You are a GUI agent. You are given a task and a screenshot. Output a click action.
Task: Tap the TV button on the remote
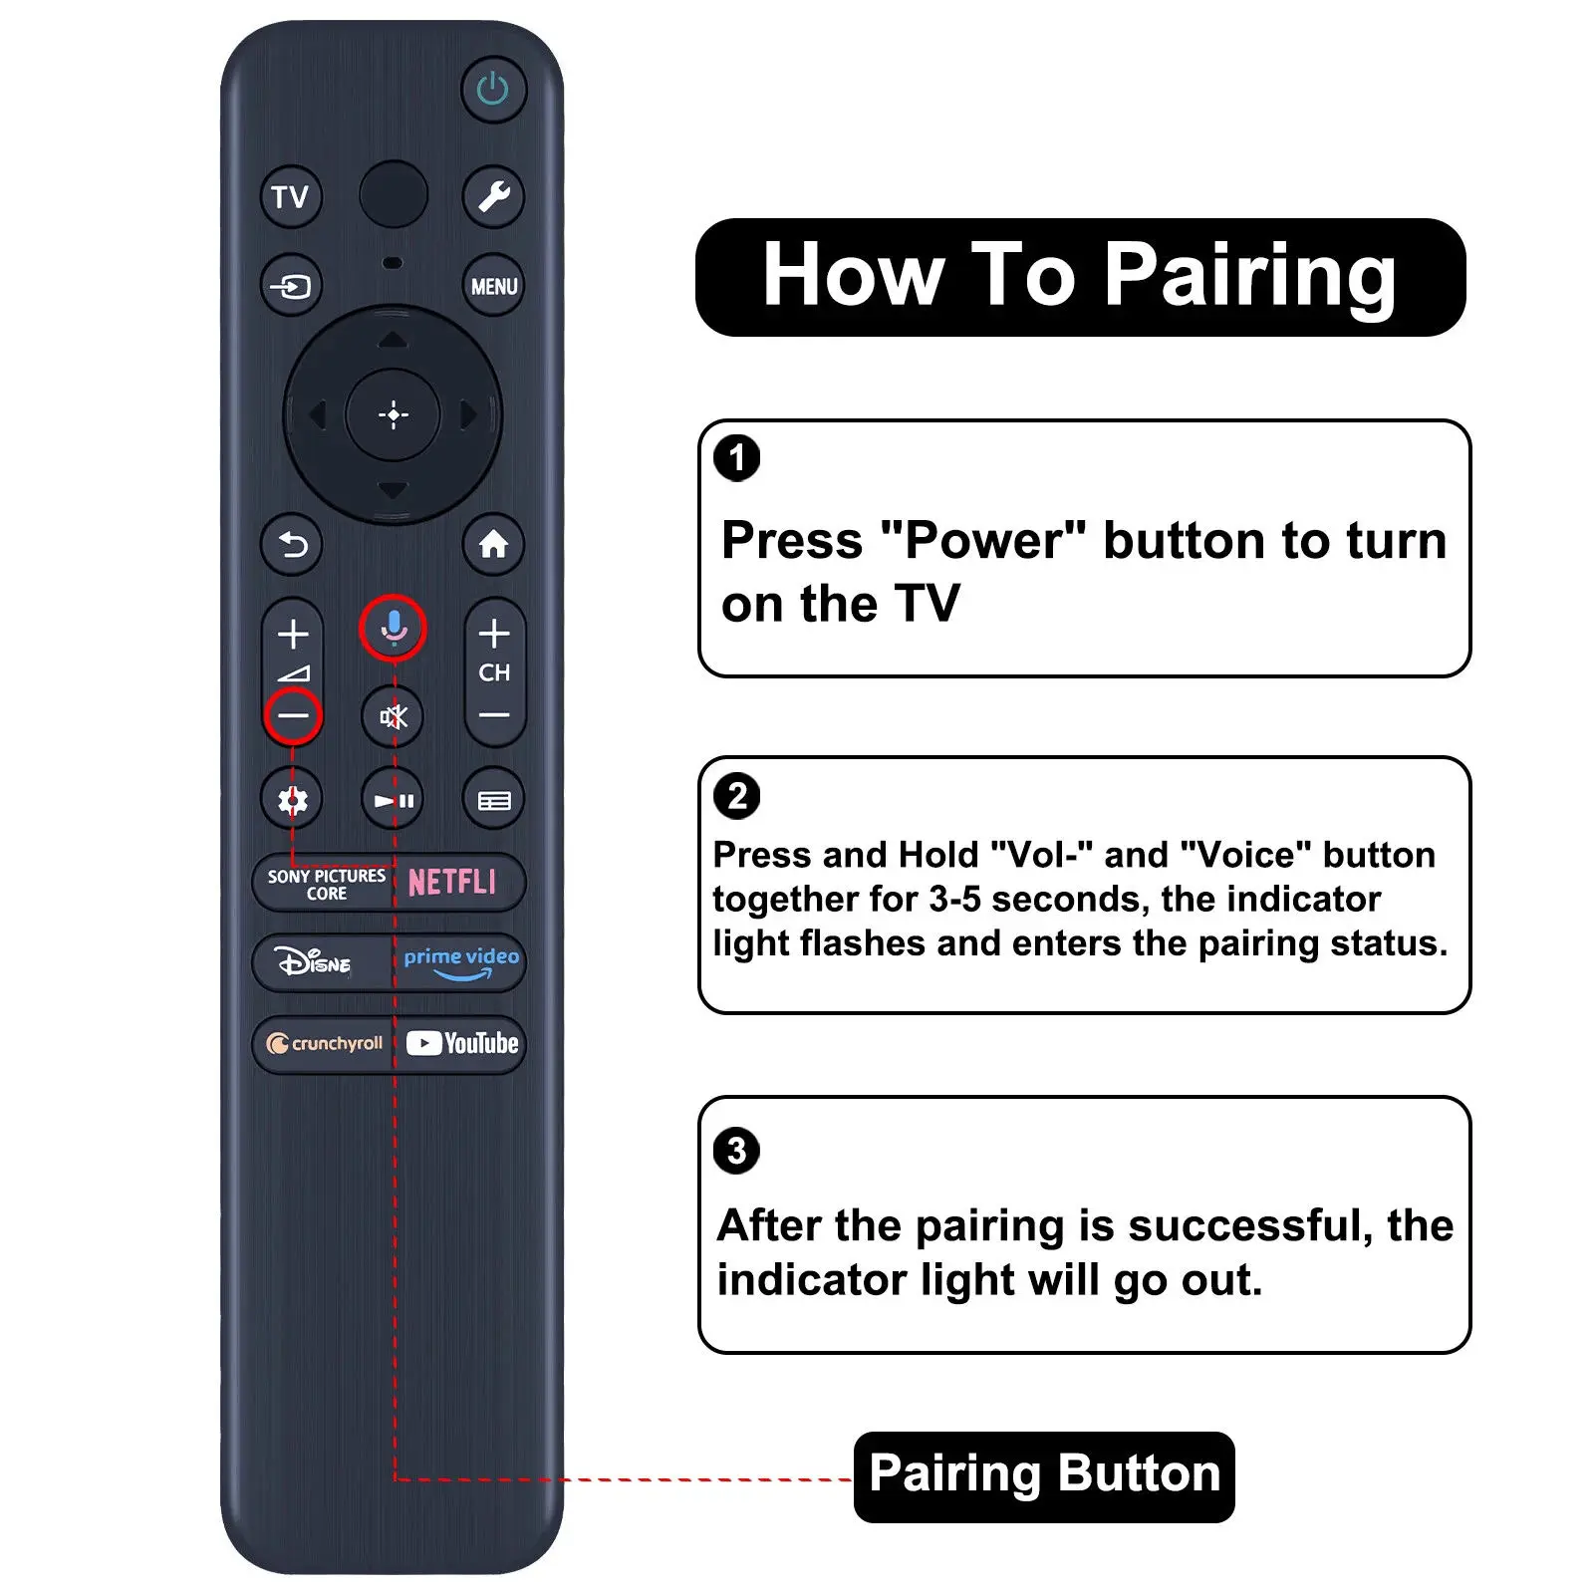(x=291, y=197)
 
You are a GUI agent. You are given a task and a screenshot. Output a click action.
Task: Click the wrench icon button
(x=493, y=196)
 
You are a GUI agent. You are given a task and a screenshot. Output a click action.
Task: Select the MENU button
(x=493, y=287)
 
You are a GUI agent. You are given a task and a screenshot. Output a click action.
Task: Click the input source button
(x=291, y=287)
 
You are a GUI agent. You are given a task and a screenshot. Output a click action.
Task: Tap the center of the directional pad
(x=394, y=414)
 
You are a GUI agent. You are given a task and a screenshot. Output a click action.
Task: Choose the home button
(x=493, y=545)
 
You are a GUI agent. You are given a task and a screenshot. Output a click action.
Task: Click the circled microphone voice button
(x=394, y=629)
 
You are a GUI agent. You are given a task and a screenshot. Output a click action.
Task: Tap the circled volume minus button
(x=293, y=715)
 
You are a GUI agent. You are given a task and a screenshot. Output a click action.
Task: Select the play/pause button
(x=394, y=800)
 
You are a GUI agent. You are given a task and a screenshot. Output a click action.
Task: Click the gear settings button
(x=292, y=800)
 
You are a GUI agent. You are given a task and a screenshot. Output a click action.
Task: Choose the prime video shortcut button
(x=460, y=962)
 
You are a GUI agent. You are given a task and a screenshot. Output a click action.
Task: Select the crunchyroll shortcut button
(x=324, y=1044)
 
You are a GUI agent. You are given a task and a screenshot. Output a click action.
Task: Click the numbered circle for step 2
(x=737, y=797)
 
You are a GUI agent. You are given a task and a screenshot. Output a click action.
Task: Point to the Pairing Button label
(x=1044, y=1475)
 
